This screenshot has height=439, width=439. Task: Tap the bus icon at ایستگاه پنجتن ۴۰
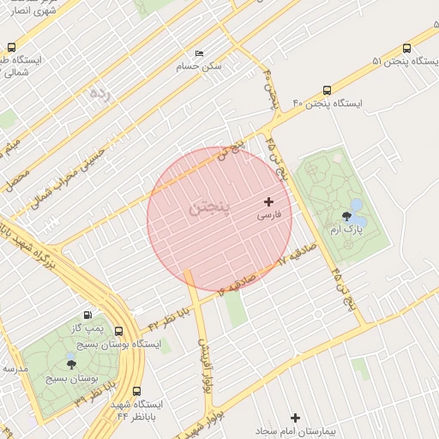(327, 90)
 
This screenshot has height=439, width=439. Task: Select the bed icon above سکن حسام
(200, 53)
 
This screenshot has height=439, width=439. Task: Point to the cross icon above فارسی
(268, 202)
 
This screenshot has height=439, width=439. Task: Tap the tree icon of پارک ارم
(346, 216)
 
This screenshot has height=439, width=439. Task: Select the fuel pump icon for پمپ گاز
(86, 315)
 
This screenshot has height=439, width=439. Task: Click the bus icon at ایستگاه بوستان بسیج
(118, 330)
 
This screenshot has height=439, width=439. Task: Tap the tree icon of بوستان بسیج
(70, 364)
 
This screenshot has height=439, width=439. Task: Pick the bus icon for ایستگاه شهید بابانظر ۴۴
(137, 390)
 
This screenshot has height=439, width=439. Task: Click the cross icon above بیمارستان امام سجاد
(296, 418)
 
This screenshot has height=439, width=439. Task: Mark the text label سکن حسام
(199, 66)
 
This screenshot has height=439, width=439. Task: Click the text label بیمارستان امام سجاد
(296, 430)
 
